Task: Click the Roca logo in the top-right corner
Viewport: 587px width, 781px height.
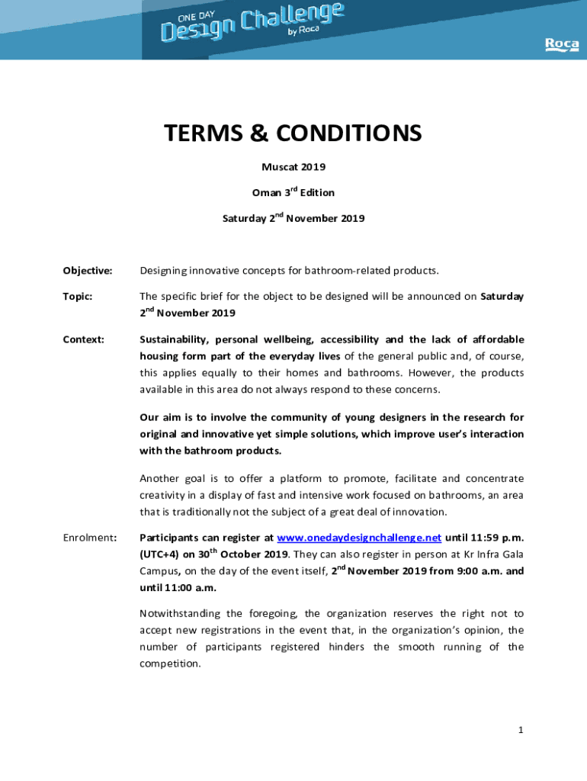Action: click(x=561, y=45)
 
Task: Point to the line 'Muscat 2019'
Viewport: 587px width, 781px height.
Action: click(x=293, y=166)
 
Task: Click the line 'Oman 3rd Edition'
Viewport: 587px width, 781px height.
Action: click(x=293, y=192)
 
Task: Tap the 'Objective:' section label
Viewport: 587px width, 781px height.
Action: click(x=88, y=271)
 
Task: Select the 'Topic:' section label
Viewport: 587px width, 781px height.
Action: click(x=77, y=296)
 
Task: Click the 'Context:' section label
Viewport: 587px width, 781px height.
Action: click(x=83, y=339)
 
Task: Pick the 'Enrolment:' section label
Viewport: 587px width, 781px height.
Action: click(x=89, y=538)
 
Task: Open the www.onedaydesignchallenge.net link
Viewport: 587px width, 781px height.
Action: click(x=359, y=538)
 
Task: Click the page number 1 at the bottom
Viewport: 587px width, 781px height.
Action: click(x=521, y=730)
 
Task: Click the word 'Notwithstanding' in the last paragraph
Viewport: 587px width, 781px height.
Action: click(x=181, y=613)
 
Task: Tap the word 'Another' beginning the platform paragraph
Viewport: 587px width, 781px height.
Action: click(x=160, y=478)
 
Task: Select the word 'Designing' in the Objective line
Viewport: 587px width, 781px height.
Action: click(x=165, y=271)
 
